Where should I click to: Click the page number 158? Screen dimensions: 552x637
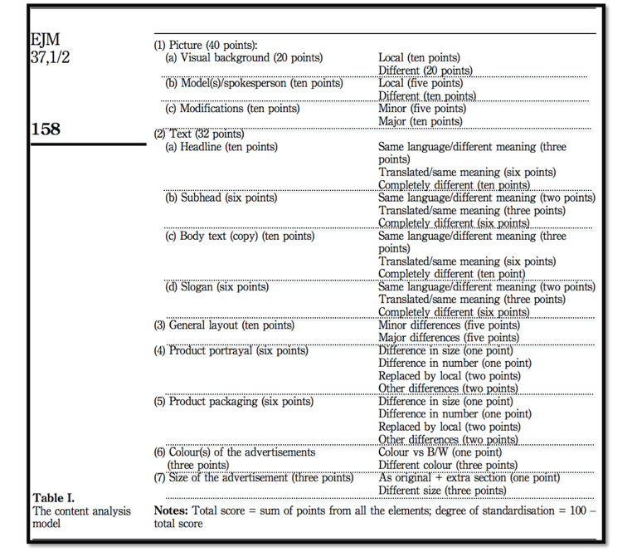46,129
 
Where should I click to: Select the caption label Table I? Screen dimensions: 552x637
54,498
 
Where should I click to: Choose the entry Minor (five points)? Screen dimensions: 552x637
421,109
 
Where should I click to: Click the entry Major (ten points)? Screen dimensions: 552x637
420,121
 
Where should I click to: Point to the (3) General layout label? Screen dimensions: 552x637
224,325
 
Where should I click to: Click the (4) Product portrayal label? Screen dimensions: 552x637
231,350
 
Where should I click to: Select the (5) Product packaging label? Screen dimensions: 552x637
234,402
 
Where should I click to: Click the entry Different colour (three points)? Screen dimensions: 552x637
448,465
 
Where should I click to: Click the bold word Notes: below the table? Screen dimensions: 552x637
173,510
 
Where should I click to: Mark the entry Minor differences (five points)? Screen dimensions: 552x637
449,325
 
